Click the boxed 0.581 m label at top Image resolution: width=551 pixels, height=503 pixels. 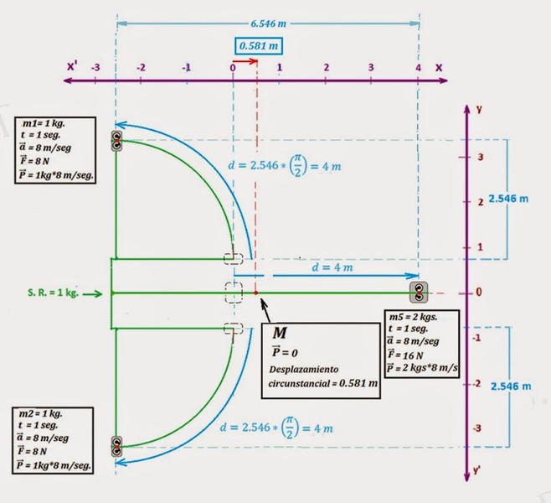pos(259,46)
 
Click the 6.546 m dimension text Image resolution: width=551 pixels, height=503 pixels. pos(269,23)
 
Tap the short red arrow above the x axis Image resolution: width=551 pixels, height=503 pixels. pos(245,61)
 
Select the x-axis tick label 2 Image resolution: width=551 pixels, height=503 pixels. pos(327,67)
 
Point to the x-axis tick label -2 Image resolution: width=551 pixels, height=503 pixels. pos(141,67)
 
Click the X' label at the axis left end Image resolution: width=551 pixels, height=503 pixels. pos(72,65)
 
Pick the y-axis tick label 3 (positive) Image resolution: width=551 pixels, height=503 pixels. pos(481,157)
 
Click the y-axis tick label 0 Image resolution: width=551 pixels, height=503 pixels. pos(479,292)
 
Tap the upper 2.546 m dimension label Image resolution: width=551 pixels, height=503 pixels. pos(508,199)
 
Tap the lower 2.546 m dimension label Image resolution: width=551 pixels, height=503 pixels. pos(511,386)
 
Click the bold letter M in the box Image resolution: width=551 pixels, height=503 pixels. pos(280,333)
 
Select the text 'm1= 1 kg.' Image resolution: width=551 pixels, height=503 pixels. pos(44,123)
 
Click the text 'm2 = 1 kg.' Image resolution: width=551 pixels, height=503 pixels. pos(40,413)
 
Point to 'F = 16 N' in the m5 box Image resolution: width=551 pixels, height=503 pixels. pos(405,355)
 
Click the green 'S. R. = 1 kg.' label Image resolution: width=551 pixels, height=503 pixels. pos(53,293)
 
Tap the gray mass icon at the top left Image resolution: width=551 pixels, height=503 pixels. pos(116,141)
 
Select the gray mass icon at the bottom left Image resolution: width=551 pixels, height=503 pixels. pos(116,447)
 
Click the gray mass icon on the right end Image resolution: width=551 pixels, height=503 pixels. pos(419,293)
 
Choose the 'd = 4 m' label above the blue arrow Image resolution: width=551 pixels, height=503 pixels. pos(332,267)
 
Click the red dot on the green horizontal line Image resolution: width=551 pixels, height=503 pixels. pos(256,293)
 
